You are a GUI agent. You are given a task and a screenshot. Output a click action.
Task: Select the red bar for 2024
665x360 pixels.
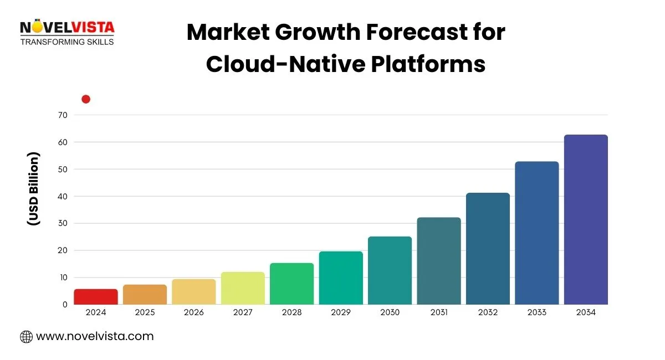point(96,297)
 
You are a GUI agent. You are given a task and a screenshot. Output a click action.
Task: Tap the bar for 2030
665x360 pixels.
point(390,271)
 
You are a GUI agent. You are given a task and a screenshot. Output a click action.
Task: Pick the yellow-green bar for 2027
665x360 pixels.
point(243,289)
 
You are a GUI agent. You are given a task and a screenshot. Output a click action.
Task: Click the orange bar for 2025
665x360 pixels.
point(145,295)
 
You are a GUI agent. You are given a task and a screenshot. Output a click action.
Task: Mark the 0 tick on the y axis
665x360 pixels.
point(64,305)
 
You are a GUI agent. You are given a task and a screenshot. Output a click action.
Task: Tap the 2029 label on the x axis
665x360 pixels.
point(341,312)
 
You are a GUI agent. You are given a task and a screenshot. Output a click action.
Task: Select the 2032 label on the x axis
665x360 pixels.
point(488,312)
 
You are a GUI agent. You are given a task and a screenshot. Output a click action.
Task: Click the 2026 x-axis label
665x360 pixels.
point(194,312)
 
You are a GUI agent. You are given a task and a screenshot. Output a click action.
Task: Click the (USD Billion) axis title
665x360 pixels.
point(33,188)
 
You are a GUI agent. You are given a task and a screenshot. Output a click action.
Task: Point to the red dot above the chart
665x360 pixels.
point(86,99)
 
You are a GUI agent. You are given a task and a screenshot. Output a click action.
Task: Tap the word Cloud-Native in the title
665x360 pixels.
point(285,64)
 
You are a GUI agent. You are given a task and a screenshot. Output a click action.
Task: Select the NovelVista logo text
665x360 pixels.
point(67,27)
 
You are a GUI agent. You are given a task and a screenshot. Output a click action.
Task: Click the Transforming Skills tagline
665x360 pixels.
point(67,42)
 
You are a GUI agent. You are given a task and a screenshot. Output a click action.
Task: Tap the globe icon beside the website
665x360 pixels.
point(26,336)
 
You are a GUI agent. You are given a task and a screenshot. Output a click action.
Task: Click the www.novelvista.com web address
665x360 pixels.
point(95,336)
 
